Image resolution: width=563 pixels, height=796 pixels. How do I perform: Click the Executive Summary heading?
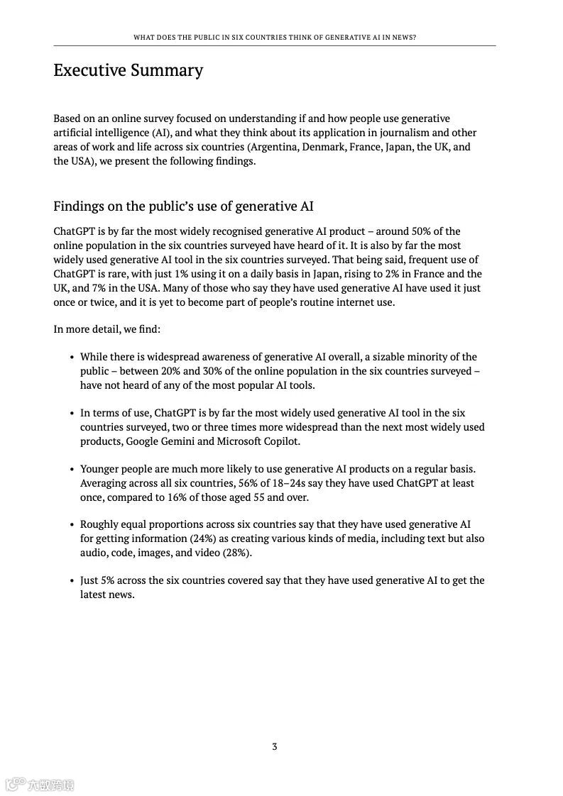128,70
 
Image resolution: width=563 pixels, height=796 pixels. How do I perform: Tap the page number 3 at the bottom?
275,746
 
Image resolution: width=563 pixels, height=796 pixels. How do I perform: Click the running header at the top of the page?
275,37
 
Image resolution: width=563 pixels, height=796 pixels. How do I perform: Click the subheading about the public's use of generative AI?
183,206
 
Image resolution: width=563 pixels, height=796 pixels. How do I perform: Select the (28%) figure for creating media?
237,553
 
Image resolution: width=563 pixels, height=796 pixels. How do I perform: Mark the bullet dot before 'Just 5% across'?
72,581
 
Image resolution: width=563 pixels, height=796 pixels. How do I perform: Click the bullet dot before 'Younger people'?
72,470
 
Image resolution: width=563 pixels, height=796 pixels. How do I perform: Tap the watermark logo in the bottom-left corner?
40,785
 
